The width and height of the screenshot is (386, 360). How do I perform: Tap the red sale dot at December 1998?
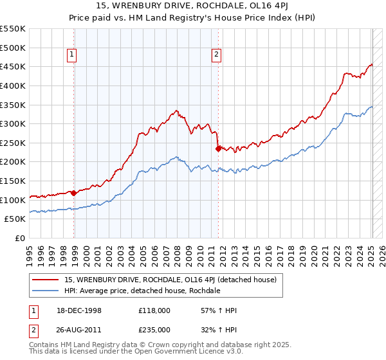pos(74,193)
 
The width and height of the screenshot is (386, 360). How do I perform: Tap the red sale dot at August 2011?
pos(218,148)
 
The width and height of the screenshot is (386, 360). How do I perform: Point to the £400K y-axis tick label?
pos(13,85)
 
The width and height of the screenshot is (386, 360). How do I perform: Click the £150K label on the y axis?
pos(13,181)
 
